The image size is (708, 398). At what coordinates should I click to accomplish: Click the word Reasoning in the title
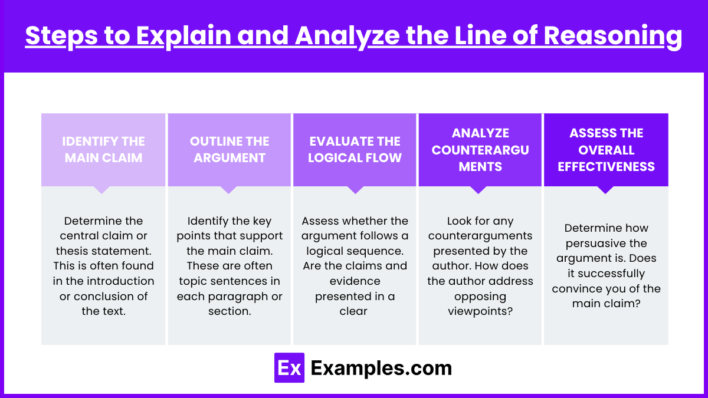coord(612,37)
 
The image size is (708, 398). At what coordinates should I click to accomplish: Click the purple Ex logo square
coord(289,368)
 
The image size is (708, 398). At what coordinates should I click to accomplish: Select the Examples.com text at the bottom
coord(381,368)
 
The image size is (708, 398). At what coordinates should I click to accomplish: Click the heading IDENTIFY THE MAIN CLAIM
coord(103,149)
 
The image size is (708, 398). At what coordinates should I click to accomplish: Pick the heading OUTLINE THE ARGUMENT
coord(230,149)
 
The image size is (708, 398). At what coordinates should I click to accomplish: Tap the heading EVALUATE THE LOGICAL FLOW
coord(355,149)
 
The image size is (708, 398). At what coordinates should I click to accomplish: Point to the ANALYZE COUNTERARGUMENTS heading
coord(480,150)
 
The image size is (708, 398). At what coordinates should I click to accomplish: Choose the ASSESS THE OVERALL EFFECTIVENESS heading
coord(607,150)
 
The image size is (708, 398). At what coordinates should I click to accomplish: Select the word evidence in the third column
coord(355,281)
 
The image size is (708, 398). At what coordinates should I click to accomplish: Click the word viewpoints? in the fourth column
coord(480,311)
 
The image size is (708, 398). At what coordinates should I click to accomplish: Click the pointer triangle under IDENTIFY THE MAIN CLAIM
coord(101,190)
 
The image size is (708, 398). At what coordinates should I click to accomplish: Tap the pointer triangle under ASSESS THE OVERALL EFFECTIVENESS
coord(605,190)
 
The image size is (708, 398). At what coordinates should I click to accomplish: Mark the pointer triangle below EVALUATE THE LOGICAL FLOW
coord(355,190)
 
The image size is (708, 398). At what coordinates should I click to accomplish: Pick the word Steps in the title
coord(61,37)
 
